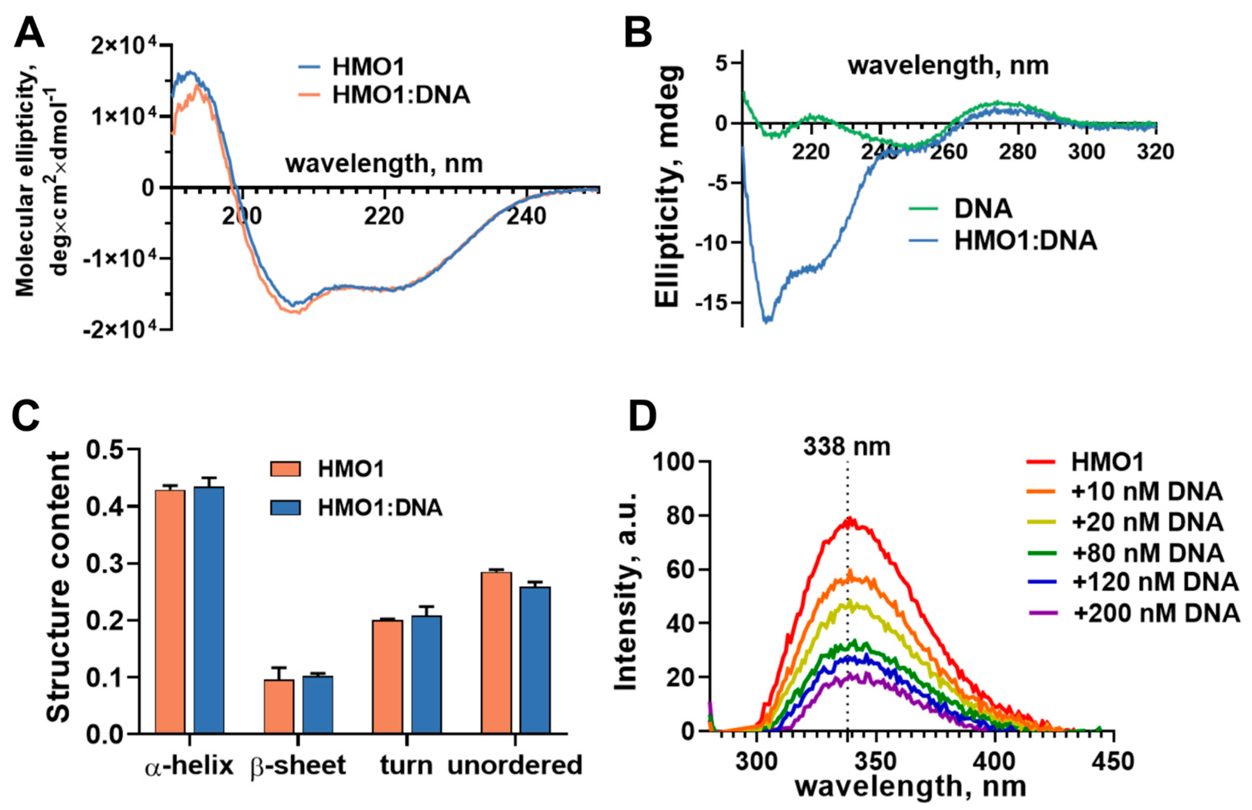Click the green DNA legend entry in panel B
pos(983,209)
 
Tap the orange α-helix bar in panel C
pos(170,611)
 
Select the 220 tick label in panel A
pos(385,216)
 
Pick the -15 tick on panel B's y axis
pos(712,303)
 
